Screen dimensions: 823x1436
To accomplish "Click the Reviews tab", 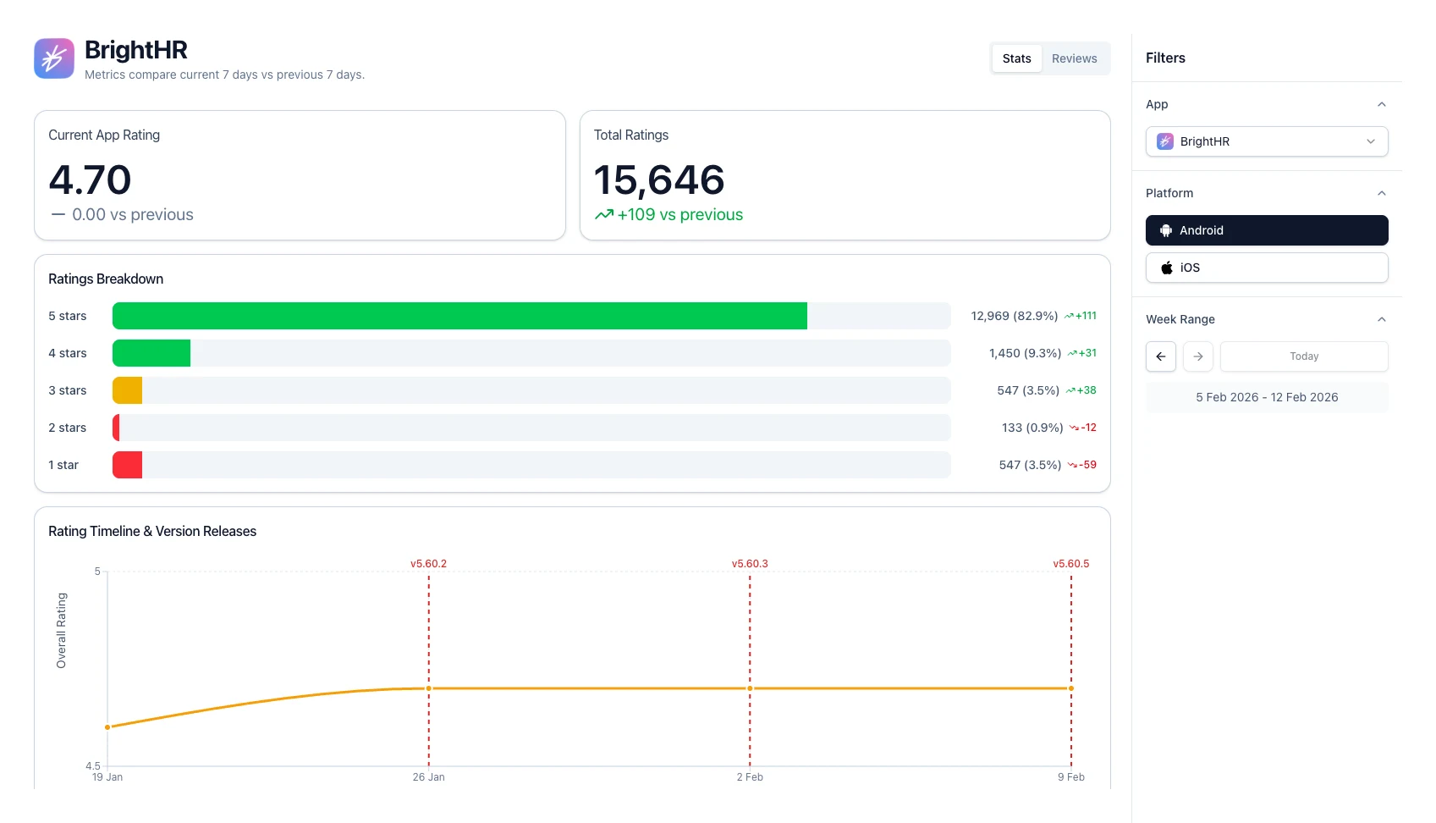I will click(x=1074, y=58).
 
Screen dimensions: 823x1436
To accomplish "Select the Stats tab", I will click(x=1016, y=58).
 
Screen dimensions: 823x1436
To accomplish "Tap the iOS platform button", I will click(x=1266, y=268).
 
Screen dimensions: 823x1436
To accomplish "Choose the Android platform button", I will click(x=1266, y=230).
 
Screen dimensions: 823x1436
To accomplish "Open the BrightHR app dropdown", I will click(x=1266, y=141).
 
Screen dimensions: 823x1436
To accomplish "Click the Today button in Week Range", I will click(x=1303, y=356).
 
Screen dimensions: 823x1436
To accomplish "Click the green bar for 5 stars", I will click(x=459, y=316).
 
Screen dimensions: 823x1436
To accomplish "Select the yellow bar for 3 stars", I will click(x=127, y=390).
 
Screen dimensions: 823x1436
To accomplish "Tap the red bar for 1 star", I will click(x=127, y=465).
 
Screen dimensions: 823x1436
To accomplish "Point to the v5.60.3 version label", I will click(x=750, y=564).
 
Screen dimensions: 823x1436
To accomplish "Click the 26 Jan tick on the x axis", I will click(x=428, y=777).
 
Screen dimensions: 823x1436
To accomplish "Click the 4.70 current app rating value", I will click(x=90, y=180).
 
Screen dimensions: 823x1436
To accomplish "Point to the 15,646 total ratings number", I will click(x=658, y=180).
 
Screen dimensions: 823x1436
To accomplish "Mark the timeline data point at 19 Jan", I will click(x=107, y=727).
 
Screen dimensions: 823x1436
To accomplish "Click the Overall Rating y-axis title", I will click(x=61, y=631).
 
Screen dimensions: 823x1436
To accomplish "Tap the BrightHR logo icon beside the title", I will click(x=54, y=58).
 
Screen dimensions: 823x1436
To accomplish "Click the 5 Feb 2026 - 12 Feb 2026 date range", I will click(x=1266, y=397).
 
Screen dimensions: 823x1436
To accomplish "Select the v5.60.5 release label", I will click(x=1070, y=564).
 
